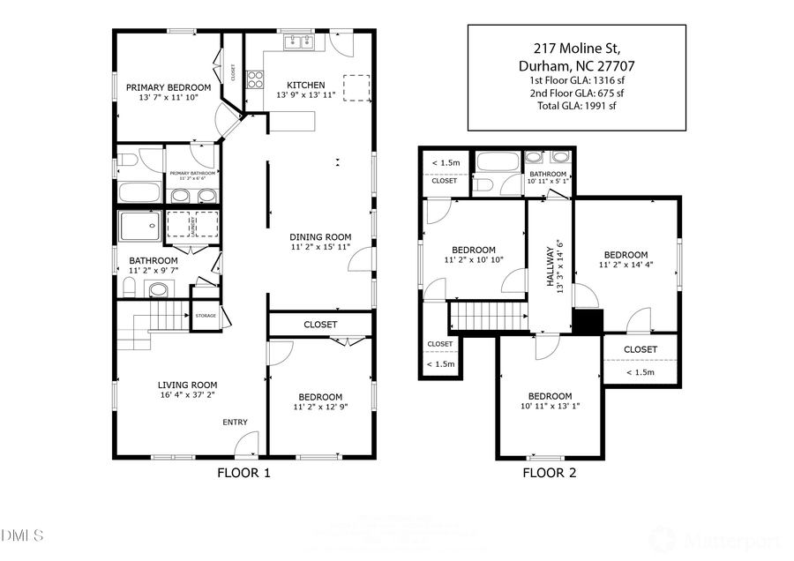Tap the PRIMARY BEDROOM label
[x=168, y=87]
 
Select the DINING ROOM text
[x=321, y=236]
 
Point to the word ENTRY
[x=235, y=422]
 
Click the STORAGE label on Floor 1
[x=206, y=316]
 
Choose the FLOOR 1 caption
[x=243, y=473]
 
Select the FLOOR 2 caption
[x=549, y=473]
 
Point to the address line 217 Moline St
[x=576, y=48]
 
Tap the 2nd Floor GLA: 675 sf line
[x=576, y=93]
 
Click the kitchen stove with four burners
[x=255, y=80]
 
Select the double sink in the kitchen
[x=299, y=41]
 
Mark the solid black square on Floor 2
[x=587, y=321]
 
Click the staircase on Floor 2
[x=488, y=314]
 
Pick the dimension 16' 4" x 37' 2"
[x=187, y=396]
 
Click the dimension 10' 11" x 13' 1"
[x=550, y=408]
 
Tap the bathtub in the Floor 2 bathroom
[x=498, y=162]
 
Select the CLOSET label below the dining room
[x=320, y=325]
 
